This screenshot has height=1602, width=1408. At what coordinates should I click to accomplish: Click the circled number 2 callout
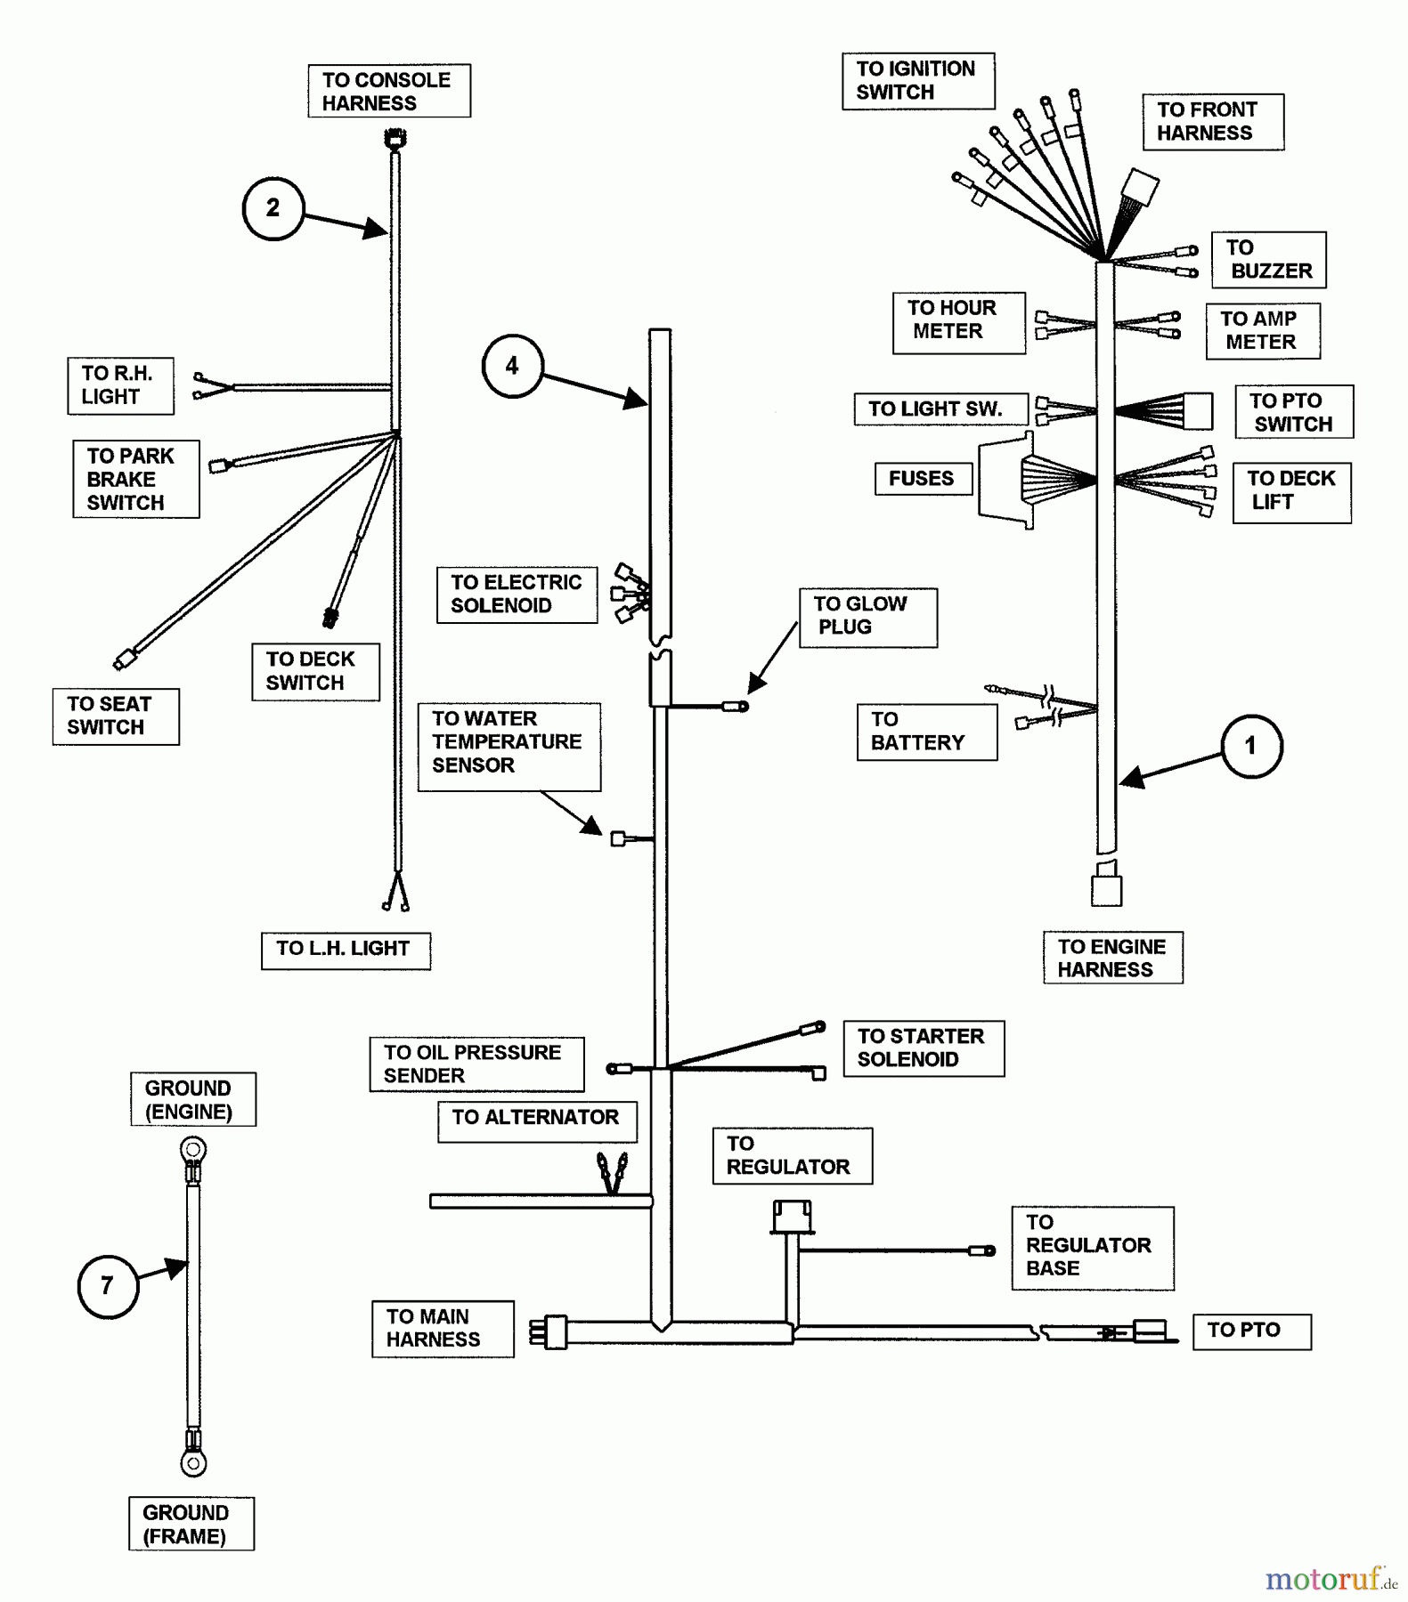coord(273,208)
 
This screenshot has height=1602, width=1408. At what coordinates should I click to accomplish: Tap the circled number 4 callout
coord(512,366)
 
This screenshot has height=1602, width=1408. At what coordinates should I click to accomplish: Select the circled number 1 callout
coord(1250,746)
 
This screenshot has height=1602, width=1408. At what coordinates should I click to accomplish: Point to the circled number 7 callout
coord(108,1285)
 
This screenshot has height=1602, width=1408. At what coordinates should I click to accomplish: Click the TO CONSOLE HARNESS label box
coord(389,91)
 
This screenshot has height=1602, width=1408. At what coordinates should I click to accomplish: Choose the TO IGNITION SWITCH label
coord(917,81)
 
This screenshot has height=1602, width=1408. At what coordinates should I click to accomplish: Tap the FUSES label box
coord(923,479)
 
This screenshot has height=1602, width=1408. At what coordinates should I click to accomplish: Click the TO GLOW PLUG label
coord(867,617)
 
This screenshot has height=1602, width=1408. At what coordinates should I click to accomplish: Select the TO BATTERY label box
coord(926,732)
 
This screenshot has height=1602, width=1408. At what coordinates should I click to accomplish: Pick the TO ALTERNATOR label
coord(537,1120)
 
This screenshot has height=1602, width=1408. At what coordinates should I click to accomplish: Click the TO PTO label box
coord(1251,1331)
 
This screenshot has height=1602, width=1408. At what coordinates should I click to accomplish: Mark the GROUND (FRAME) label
coord(191,1525)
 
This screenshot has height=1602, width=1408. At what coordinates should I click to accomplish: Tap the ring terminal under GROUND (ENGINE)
coord(192,1151)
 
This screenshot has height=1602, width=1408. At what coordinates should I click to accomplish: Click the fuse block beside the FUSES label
coord(1006,481)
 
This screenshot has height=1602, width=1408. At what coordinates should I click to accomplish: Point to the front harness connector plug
coord(1140,188)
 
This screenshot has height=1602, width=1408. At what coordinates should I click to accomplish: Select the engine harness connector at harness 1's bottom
coord(1106,888)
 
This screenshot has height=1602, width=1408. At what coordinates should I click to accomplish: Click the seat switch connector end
coord(126,659)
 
